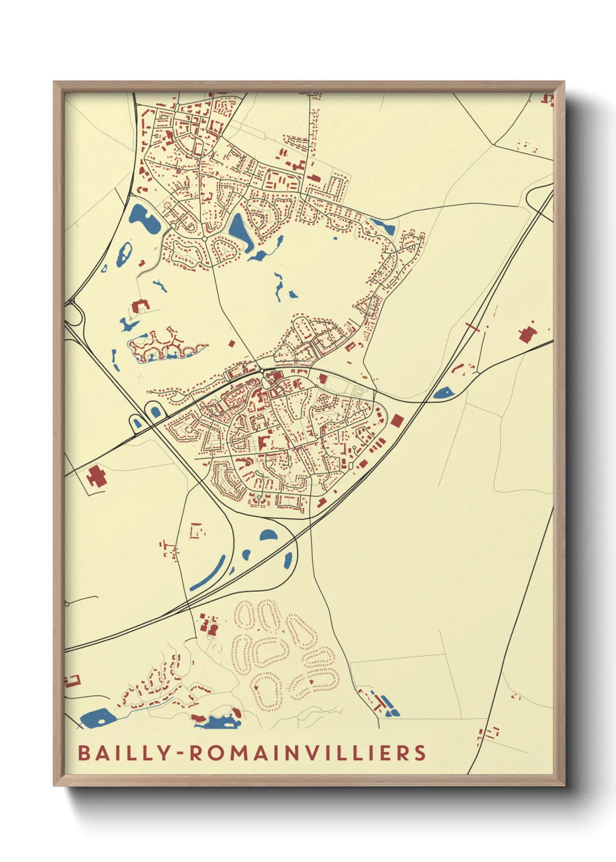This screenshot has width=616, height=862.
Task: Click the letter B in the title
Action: tap(84, 753)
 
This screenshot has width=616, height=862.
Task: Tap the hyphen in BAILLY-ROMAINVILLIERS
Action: tap(180, 754)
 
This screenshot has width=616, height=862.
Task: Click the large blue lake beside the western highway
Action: tap(145, 218)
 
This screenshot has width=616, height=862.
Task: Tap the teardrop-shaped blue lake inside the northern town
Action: tap(239, 228)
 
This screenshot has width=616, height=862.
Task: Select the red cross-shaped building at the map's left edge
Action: tap(97, 477)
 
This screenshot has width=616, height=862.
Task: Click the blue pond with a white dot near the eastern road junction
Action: tap(443, 393)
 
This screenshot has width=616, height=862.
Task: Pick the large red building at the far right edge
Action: tap(526, 335)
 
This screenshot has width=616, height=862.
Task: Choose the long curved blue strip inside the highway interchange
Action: tap(208, 573)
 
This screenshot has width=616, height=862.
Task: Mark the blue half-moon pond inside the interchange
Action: tap(268, 535)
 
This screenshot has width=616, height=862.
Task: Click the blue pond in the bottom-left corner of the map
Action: tap(97, 718)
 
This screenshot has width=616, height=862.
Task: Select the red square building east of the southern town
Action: tap(397, 421)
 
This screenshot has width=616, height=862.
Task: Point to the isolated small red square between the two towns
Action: tap(232, 344)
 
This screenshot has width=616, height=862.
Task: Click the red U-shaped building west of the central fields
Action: tap(140, 306)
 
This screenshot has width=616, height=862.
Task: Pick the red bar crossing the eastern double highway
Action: tap(473, 327)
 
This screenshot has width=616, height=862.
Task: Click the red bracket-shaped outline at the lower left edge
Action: tap(72, 681)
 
